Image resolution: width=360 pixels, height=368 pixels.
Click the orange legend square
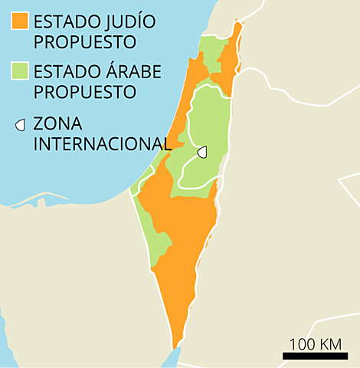pos(20,21)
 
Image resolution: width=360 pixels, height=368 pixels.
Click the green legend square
pos(20,72)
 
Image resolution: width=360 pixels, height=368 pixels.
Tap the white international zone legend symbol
pos(21,123)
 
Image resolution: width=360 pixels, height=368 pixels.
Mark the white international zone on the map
pos(202,152)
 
